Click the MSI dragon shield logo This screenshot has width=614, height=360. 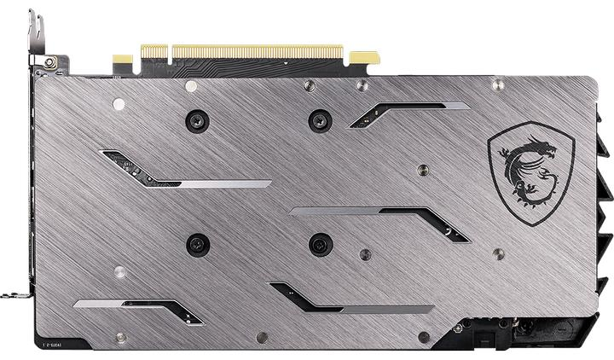pyautogui.click(x=531, y=174)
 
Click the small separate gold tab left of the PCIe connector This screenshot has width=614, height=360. pyautogui.click(x=123, y=61)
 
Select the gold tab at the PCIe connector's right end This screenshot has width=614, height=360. pyautogui.click(x=364, y=58)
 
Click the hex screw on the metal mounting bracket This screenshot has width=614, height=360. pyautogui.click(x=49, y=62)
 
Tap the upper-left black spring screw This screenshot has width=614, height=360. pyautogui.click(x=196, y=120)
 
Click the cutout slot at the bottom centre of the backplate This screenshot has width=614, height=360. pyautogui.click(x=350, y=299)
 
